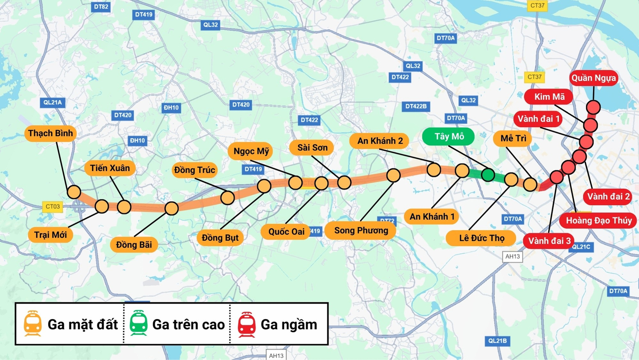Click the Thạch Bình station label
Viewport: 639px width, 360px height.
click(50, 134)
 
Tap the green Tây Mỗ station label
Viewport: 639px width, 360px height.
click(448, 137)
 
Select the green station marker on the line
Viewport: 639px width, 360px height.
click(488, 175)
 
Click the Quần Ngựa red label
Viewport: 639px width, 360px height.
click(593, 78)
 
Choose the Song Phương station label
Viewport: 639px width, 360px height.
click(360, 231)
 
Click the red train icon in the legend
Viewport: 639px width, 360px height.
click(246, 324)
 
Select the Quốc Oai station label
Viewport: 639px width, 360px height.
click(286, 232)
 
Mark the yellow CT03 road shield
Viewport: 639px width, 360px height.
click(52, 206)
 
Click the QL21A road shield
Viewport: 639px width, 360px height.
click(52, 103)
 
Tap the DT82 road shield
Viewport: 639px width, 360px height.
click(101, 7)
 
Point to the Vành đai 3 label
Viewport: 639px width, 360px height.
click(549, 241)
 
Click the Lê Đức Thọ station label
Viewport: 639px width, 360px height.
click(481, 238)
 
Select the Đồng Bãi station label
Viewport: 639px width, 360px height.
click(134, 245)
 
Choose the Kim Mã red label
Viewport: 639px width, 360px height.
click(549, 97)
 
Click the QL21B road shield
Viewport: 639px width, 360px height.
click(497, 341)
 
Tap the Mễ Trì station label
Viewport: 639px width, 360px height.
click(513, 138)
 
